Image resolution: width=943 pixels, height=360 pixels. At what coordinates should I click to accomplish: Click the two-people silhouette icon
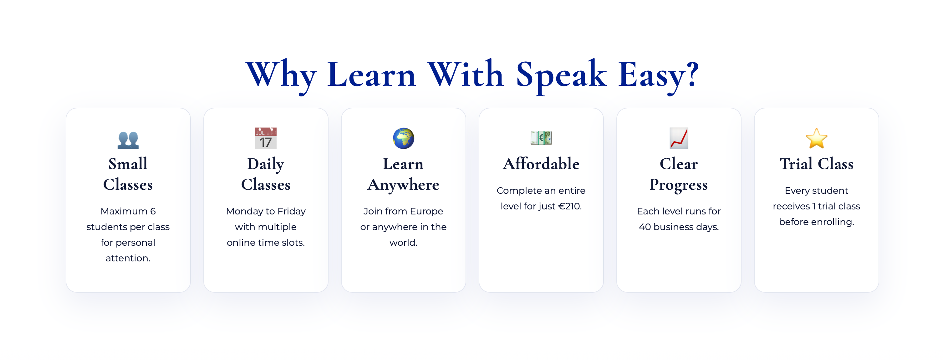(128, 140)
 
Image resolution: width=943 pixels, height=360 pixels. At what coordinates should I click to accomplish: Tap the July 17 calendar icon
(266, 138)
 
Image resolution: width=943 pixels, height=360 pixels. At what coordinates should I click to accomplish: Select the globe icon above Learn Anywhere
(403, 138)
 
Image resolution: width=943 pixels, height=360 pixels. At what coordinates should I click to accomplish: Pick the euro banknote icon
(541, 138)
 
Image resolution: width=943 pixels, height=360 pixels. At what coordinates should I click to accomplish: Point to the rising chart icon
(679, 138)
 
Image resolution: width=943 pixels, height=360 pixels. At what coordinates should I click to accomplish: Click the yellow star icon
(816, 138)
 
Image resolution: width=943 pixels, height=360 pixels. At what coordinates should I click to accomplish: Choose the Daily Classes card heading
(266, 174)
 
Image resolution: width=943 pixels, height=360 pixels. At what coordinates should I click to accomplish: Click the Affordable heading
(541, 163)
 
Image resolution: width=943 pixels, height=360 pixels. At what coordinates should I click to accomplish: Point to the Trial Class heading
(816, 164)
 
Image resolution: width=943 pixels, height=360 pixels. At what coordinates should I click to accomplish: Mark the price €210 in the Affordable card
(570, 206)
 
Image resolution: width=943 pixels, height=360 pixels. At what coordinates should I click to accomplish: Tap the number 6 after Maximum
(153, 211)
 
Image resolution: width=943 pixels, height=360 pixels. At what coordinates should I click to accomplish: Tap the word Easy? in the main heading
(659, 75)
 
